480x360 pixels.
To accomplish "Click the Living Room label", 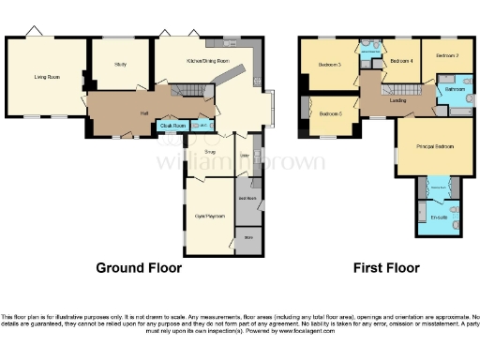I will tap(47, 77).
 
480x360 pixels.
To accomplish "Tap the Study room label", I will tap(120, 65).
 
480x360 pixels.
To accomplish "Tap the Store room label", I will tap(248, 238).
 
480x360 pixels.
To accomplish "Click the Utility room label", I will tap(244, 156).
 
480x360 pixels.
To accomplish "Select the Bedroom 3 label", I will tap(328, 65).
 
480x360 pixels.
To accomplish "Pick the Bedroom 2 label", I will tap(446, 56).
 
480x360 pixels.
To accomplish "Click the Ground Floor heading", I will tap(139, 267).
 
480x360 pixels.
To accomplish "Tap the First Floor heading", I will tap(385, 267).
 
